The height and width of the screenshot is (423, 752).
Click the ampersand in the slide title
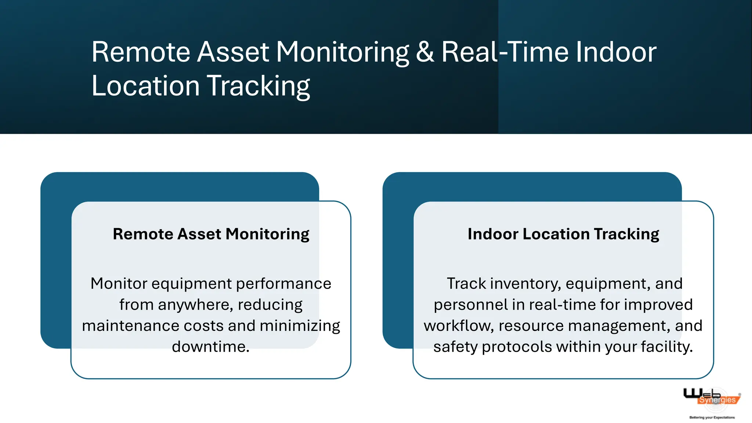425,52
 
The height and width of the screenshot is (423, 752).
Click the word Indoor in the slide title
616,52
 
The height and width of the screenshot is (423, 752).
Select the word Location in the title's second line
145,86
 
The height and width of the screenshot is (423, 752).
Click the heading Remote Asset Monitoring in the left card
211,234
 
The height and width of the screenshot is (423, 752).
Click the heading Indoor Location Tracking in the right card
563,234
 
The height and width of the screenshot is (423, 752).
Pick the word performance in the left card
283,284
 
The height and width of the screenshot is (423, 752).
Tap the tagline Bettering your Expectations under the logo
712,417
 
